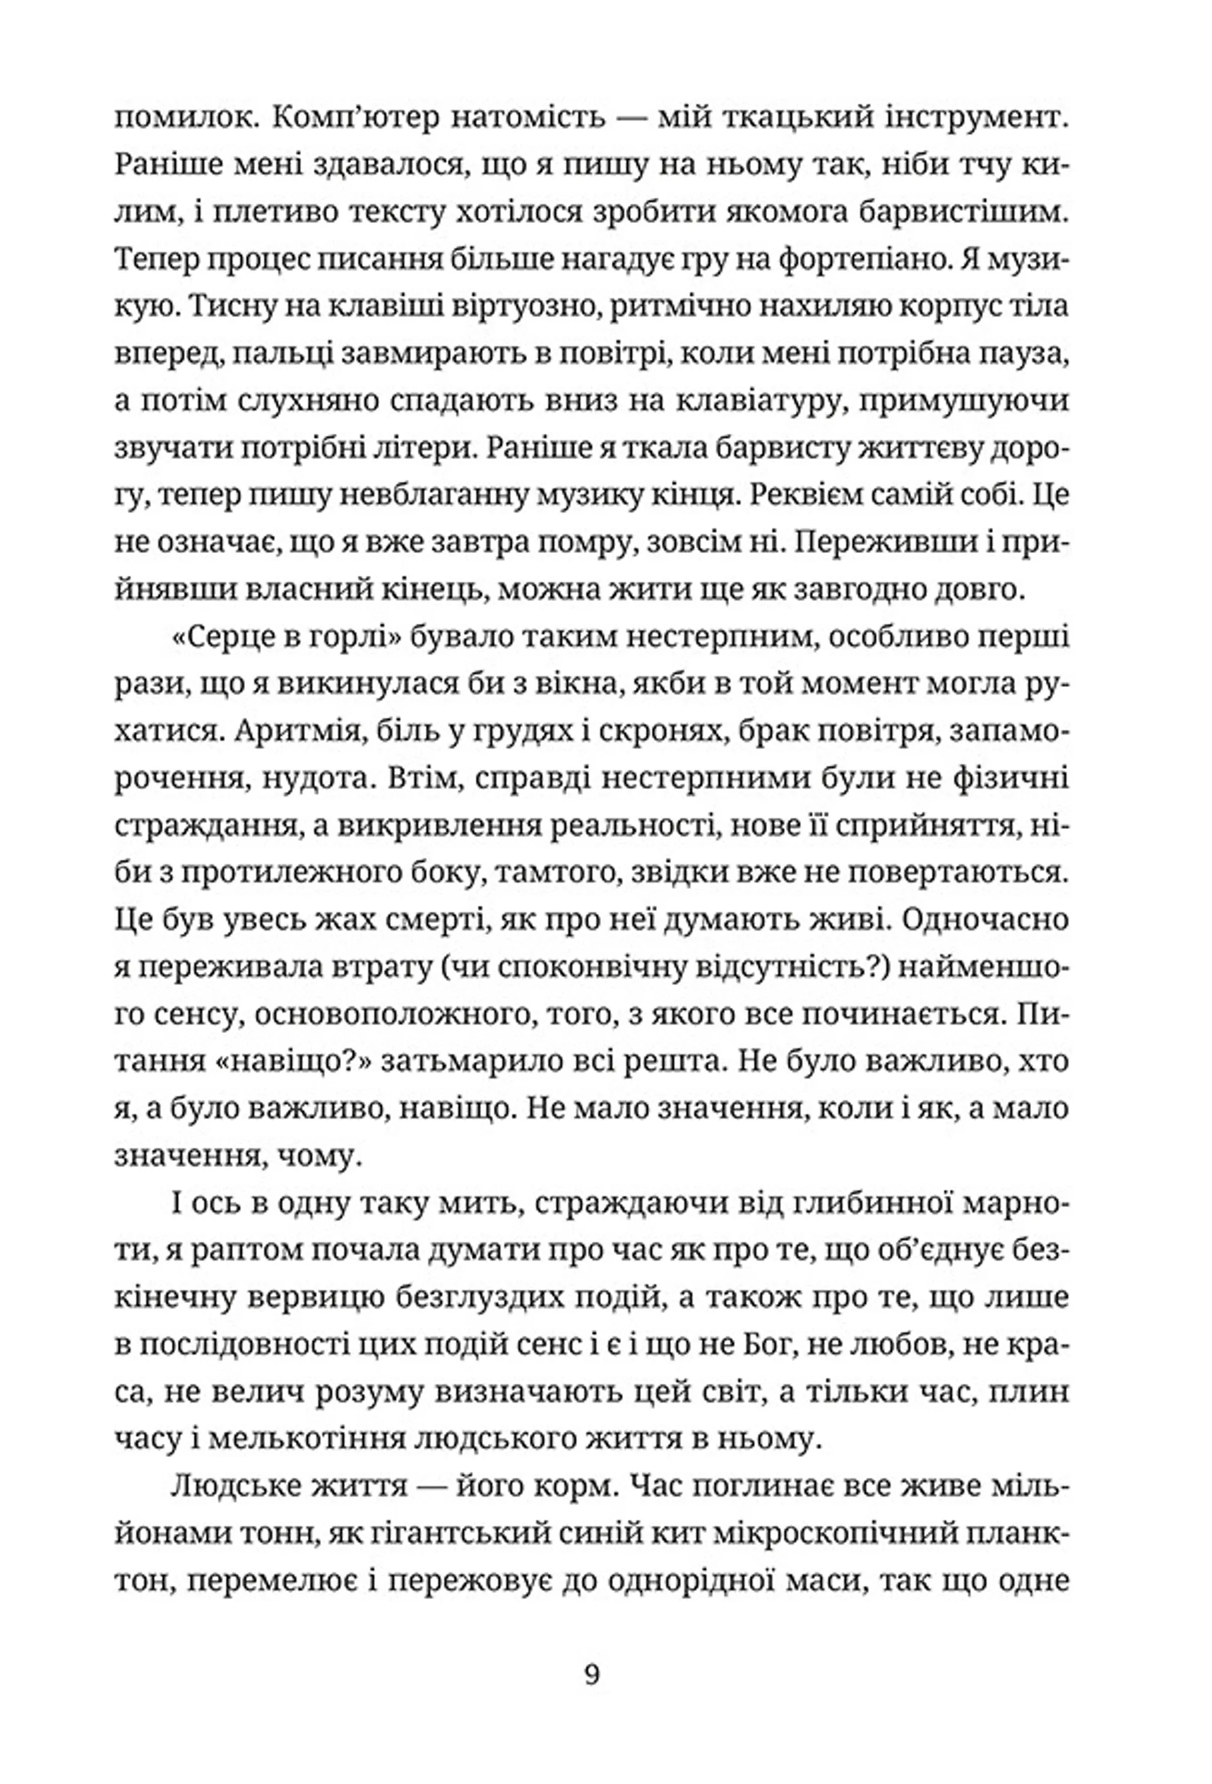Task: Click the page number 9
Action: [x=592, y=1674]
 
